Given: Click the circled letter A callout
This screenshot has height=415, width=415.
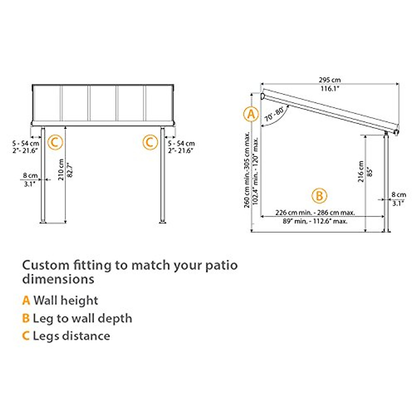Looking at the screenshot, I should point(251,114).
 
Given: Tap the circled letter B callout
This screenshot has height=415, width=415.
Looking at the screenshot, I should point(319,196).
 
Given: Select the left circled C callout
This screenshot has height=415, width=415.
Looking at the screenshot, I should point(55,142).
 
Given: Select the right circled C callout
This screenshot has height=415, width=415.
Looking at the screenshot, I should point(150,142).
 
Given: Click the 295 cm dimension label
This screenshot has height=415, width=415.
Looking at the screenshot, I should point(330,80).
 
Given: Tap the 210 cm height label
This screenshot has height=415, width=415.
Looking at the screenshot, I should point(61,170).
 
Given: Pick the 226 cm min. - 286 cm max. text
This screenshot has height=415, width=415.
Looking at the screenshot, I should point(315,213).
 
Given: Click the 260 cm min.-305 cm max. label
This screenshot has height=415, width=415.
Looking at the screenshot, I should point(247,169).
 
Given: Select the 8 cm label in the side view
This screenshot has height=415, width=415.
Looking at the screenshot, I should point(399,195).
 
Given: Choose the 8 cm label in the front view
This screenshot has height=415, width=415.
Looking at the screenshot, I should point(30,176).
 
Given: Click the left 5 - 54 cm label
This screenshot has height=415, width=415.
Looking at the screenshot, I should point(25,143).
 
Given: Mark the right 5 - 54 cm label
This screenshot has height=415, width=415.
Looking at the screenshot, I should point(181,143).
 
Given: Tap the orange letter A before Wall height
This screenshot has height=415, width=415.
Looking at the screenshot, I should point(26,301).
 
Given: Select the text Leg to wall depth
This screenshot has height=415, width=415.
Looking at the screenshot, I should point(82,319).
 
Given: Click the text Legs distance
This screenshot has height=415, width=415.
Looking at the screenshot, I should point(71,336).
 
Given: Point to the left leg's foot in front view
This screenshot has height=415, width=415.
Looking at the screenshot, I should point(43,221).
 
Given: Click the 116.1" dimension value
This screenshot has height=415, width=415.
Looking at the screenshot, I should point(330,89).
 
